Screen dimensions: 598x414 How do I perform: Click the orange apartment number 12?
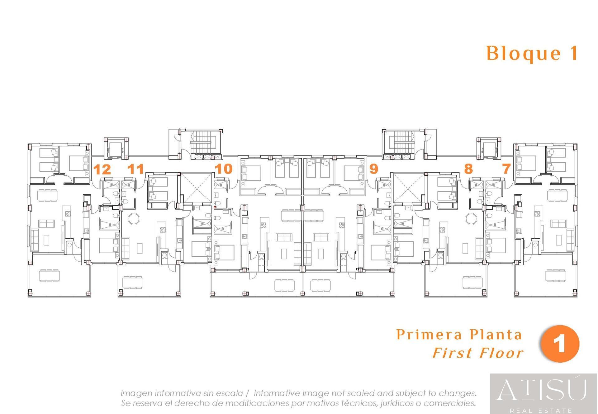tap(102, 170)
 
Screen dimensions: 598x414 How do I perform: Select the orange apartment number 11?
tap(136, 169)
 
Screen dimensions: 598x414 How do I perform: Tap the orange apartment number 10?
tap(224, 169)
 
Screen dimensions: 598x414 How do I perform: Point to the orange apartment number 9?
tap(374, 169)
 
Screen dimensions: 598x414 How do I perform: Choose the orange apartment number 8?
tap(468, 169)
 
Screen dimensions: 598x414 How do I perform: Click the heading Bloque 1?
tap(532, 53)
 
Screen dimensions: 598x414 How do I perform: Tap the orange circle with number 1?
tap(560, 344)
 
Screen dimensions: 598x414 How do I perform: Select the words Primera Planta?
tap(459, 335)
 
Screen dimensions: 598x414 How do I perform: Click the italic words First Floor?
tap(478, 353)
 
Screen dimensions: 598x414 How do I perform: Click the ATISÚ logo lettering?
tap(541, 389)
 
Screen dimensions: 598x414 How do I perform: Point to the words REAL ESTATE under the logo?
tap(541, 411)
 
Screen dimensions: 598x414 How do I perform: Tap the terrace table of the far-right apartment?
tap(556, 276)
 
